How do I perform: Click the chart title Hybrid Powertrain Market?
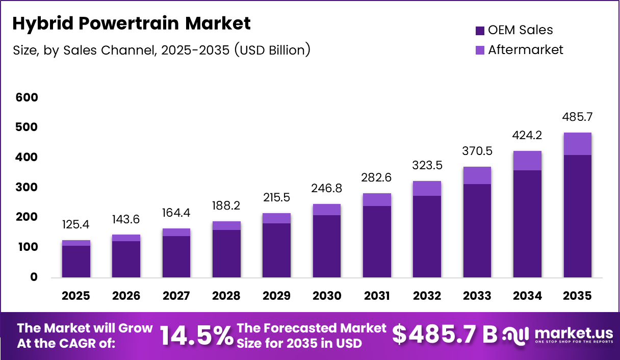click(132, 23)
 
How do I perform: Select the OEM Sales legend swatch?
click(480, 31)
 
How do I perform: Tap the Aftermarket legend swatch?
click(480, 50)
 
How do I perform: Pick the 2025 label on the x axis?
click(76, 296)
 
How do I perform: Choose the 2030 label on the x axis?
click(326, 296)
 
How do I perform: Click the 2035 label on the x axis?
click(577, 296)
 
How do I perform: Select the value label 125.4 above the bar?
click(76, 225)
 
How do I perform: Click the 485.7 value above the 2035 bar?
click(577, 117)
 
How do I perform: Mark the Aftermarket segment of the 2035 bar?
click(577, 144)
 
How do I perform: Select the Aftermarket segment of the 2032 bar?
click(427, 188)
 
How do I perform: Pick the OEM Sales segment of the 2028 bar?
click(226, 253)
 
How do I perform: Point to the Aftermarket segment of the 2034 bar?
click(527, 161)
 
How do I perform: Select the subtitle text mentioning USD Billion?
click(161, 50)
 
